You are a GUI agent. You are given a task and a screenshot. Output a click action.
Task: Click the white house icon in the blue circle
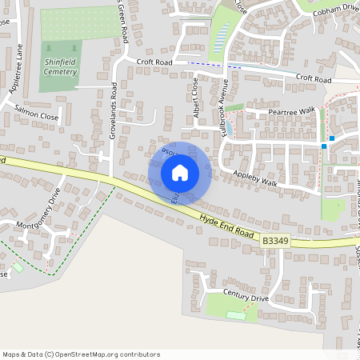180,173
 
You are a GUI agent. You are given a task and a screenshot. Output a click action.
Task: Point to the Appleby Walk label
254,178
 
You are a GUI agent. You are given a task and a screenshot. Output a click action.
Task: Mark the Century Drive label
246,297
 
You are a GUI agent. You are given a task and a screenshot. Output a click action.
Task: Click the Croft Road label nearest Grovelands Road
154,61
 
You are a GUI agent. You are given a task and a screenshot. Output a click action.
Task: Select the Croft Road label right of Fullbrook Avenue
313,79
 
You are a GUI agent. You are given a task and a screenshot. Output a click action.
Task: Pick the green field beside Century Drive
232,306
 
